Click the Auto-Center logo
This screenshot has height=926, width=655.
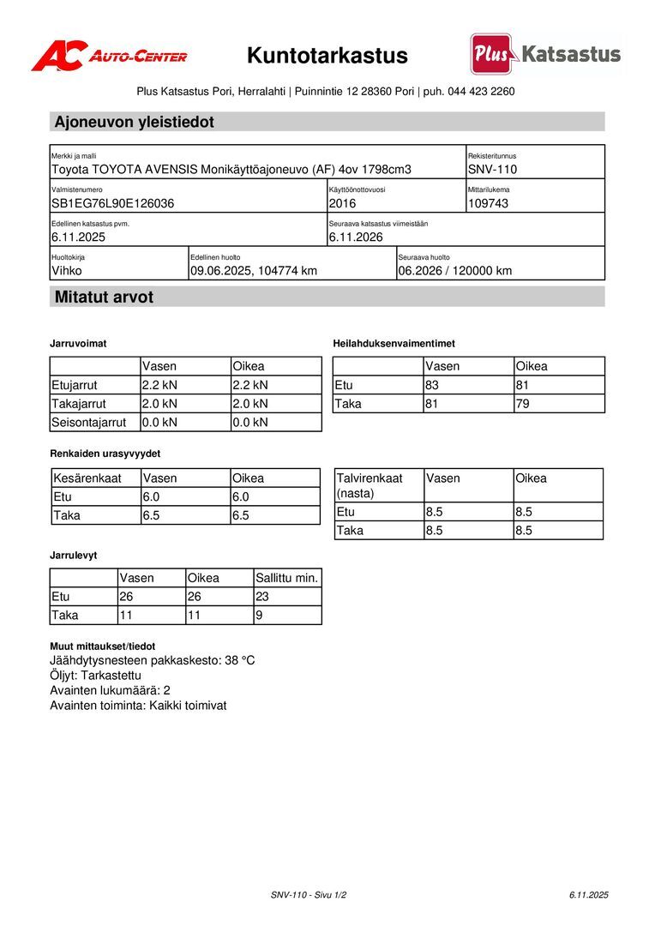coord(109,56)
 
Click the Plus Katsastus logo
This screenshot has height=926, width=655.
coord(545,54)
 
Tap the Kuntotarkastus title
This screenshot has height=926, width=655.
coord(327,56)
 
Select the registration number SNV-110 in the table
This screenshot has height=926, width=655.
coord(492,170)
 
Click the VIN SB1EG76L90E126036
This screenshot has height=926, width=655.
coord(113,203)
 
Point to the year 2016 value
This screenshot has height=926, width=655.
coord(342,203)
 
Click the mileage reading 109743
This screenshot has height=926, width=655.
coord(489,203)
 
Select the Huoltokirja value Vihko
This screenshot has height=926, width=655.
coord(67,271)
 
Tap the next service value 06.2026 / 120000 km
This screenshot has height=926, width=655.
coord(454,271)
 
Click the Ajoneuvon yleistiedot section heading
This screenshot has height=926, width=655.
coord(135,122)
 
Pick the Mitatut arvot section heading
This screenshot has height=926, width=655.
coord(104,298)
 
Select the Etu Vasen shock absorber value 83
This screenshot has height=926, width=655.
coord(432,385)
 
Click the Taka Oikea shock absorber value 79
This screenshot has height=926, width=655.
coord(523,403)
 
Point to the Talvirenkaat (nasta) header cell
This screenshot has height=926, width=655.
coord(370,485)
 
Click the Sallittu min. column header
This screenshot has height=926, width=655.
coord(287,578)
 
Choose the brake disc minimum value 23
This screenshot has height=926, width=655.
coord(262,597)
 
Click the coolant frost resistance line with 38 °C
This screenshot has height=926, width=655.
coord(153,660)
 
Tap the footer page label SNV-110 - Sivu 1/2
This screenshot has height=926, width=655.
coord(309,894)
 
